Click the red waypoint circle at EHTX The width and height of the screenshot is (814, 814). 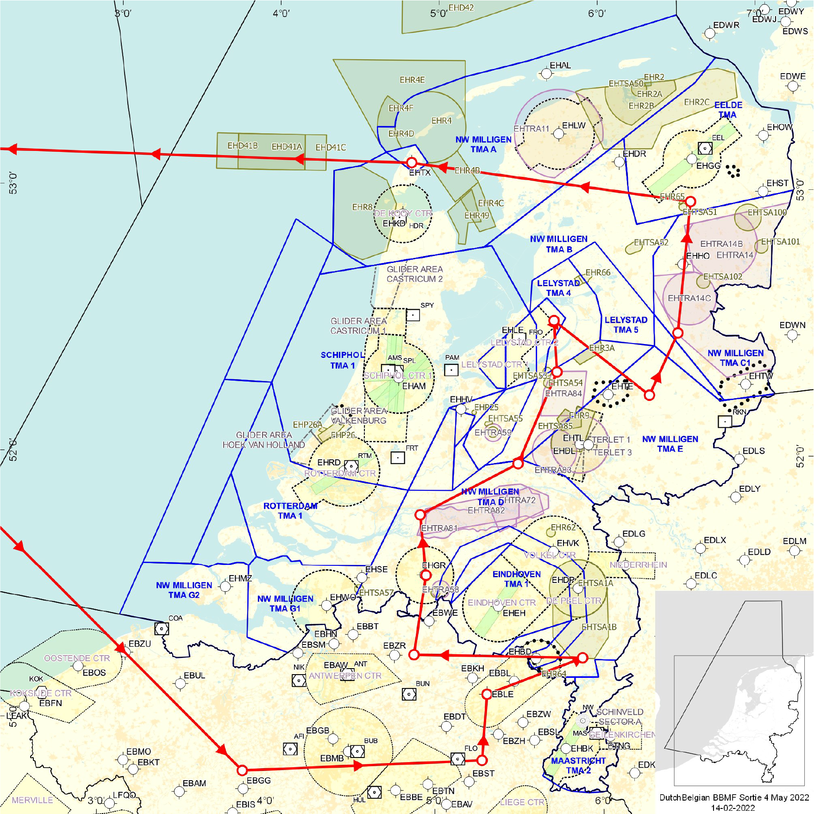(x=412, y=163)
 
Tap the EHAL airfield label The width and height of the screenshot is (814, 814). (x=560, y=65)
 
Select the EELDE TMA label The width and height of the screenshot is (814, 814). (x=728, y=110)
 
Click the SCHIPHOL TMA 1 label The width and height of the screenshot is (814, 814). (x=343, y=360)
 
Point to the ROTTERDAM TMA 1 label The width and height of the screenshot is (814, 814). (x=290, y=511)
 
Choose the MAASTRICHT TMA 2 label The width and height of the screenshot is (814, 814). (x=578, y=765)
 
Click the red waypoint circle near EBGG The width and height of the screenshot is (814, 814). (x=242, y=770)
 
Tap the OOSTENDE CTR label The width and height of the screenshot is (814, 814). (x=77, y=658)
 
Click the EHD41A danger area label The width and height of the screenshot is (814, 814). (x=287, y=147)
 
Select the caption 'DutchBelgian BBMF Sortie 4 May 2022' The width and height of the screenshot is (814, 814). (x=734, y=797)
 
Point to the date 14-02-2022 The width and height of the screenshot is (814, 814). (x=733, y=808)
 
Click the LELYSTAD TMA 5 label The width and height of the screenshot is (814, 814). (x=626, y=325)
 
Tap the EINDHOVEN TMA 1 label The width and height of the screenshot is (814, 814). (x=517, y=579)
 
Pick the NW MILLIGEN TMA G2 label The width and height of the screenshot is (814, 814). (x=184, y=590)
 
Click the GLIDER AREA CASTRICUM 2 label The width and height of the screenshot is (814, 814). (x=415, y=274)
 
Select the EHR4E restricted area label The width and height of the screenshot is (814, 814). (x=412, y=80)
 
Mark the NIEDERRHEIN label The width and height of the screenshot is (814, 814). (x=638, y=565)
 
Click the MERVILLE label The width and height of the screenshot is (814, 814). (x=32, y=800)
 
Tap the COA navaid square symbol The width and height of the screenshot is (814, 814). (x=161, y=629)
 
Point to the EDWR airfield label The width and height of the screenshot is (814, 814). (x=726, y=25)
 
